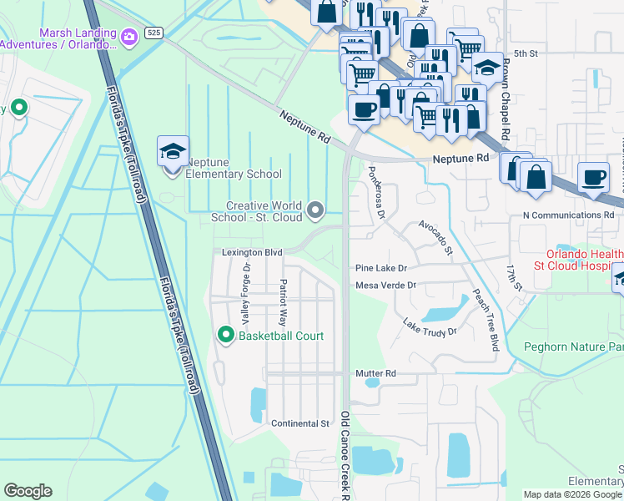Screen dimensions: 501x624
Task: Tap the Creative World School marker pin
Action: coord(315,210)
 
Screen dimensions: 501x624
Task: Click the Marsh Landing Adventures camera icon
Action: coord(128,37)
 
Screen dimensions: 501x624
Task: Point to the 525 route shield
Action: coord(153,33)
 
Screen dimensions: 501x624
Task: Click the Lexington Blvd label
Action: coord(252,252)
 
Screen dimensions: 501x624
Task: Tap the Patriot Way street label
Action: coord(283,302)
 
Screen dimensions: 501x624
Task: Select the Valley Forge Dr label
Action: coord(246,295)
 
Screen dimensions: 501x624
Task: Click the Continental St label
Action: coord(300,423)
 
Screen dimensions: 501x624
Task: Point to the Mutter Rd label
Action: coord(375,373)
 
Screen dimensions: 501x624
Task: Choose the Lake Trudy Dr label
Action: coord(430,327)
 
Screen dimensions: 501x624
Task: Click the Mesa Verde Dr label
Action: coord(385,286)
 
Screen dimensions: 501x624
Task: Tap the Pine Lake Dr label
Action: coord(381,268)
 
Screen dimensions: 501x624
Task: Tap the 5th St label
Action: coord(526,53)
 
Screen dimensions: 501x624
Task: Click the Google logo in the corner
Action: coord(28,491)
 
